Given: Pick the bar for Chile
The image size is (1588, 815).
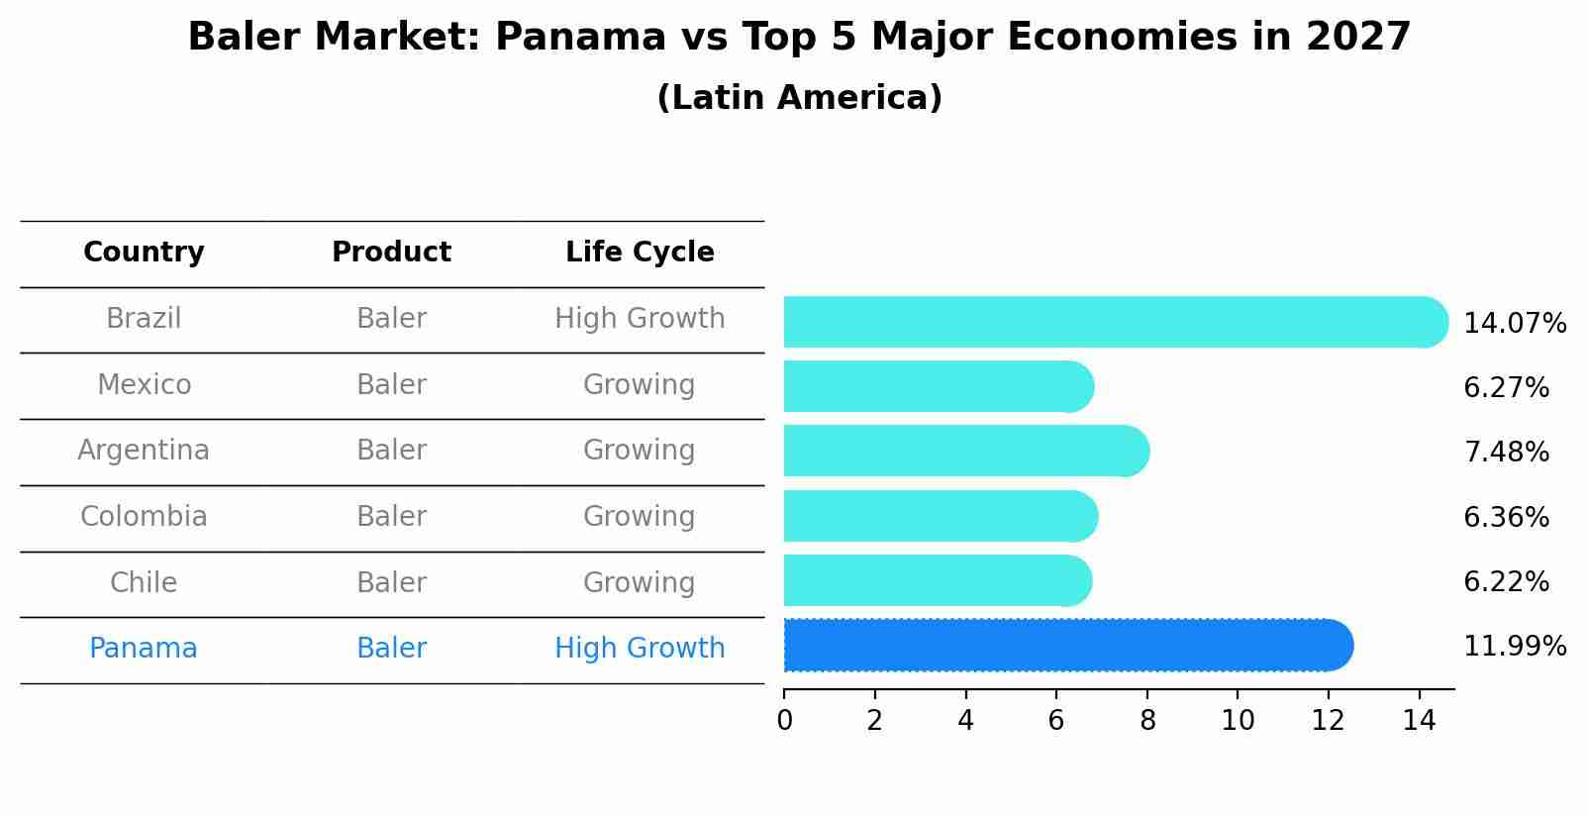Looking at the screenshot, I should point(937,580).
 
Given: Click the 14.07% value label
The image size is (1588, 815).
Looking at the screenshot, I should point(1514,324).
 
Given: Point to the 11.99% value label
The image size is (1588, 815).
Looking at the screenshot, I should point(1514,647).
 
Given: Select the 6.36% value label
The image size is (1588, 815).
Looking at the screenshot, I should point(1505,517).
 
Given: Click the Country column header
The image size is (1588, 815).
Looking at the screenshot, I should point(144,253).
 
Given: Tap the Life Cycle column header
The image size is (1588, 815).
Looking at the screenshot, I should point(640,253).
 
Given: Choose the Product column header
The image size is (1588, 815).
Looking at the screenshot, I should point(391,253).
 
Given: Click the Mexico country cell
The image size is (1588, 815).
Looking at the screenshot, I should point(144,384).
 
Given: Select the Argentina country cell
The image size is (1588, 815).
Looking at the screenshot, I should point(144,451).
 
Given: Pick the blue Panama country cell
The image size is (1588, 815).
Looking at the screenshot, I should point(144,649).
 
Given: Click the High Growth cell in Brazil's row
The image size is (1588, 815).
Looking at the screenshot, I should point(640,319).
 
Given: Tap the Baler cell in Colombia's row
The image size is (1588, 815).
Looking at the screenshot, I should point(391,517).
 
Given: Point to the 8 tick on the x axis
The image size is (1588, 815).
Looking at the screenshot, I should point(1147,721).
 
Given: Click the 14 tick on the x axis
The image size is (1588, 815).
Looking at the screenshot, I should point(1419,721).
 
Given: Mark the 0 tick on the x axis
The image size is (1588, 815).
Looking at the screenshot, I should point(784,721).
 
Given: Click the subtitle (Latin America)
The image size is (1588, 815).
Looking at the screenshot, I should point(799,98).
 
